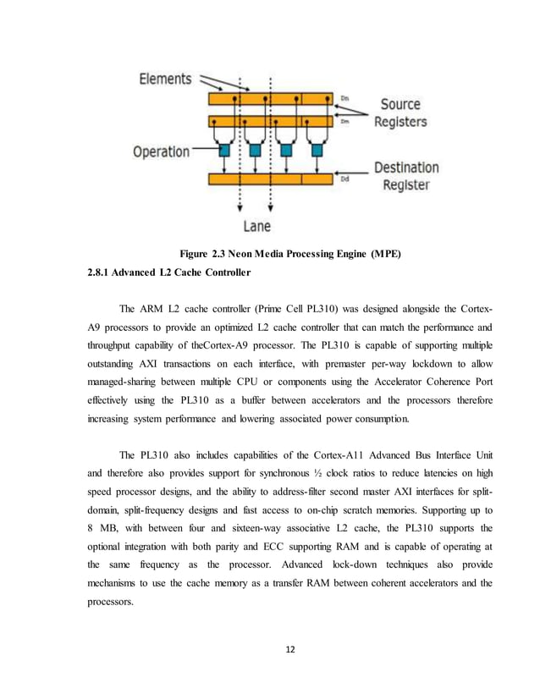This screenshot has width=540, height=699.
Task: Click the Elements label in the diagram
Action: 165,79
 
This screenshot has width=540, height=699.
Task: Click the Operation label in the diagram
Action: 161,151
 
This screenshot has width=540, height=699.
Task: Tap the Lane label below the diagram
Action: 256,226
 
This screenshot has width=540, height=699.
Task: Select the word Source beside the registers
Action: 399,104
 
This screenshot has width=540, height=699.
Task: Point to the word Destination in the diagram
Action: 407,168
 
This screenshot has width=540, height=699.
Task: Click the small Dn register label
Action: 344,99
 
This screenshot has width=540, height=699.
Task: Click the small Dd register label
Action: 344,179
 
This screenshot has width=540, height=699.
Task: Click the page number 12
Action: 270,650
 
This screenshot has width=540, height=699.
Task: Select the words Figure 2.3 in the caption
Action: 206,253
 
